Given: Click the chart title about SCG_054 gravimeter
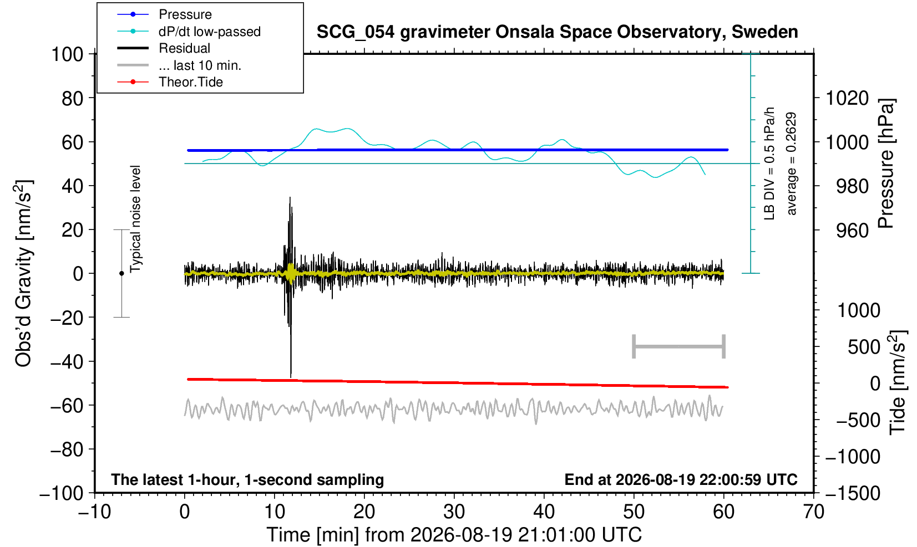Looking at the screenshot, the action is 557,32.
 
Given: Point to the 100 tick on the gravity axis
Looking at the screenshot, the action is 67,54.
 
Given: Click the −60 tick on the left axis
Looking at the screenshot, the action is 67,406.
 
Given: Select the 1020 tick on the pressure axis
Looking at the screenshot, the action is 847,98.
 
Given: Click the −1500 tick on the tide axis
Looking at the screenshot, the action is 853,493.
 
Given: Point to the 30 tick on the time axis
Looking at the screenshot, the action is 454,512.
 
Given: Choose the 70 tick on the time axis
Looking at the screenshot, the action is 813,512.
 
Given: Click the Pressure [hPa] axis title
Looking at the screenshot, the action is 887,163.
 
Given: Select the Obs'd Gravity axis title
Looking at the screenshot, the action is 23,273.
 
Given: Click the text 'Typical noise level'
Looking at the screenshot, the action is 135,219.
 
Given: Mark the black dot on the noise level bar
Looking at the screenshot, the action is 121,273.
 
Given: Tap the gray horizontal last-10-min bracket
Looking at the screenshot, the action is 679,346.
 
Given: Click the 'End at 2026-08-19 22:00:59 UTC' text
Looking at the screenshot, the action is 681,479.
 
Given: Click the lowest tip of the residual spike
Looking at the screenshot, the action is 291,377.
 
